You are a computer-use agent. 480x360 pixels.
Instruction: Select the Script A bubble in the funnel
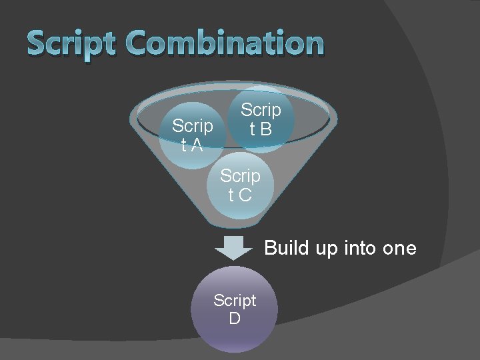click(x=192, y=135)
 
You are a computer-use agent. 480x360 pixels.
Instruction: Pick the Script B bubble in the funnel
click(x=261, y=119)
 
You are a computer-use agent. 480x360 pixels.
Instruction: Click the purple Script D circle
click(x=234, y=309)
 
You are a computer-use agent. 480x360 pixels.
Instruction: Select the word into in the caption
click(x=361, y=248)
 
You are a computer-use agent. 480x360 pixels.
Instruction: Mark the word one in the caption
click(x=399, y=249)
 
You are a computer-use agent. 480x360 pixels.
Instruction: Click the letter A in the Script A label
click(x=197, y=145)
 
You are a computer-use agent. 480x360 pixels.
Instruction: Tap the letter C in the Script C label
click(x=245, y=195)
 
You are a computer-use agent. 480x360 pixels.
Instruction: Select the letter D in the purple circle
click(x=235, y=319)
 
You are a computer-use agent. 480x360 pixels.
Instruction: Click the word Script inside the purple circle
click(x=235, y=301)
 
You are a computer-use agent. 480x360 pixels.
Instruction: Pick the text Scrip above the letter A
click(x=192, y=126)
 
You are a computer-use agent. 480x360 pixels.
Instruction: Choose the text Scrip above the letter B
click(x=261, y=110)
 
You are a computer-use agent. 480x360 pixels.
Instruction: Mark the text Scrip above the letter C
click(x=240, y=176)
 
